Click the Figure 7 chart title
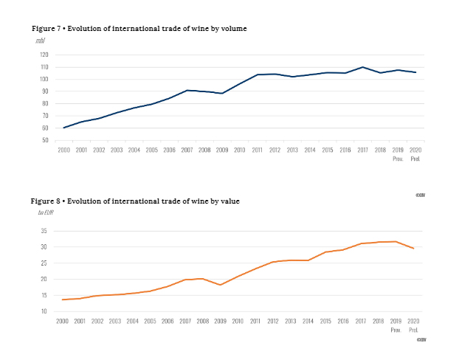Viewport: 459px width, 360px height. point(139,28)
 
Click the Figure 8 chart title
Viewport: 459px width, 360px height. point(135,201)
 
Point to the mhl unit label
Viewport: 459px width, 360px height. point(41,40)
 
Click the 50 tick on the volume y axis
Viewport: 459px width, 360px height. point(44,140)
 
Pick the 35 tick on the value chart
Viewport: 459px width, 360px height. point(44,231)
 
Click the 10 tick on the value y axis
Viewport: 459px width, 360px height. point(44,311)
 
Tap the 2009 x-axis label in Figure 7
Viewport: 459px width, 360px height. point(222,150)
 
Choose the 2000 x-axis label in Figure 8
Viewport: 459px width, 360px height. point(63,321)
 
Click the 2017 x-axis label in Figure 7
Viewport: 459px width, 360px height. point(362,150)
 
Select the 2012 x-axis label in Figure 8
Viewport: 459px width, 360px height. point(272,321)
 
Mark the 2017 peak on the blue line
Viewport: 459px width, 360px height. point(362,67)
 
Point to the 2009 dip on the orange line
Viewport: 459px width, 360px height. point(220,285)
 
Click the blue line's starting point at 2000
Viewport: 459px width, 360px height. point(63,128)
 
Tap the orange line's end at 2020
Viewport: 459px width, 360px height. point(414,249)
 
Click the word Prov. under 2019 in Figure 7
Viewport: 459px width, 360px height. point(398,158)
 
